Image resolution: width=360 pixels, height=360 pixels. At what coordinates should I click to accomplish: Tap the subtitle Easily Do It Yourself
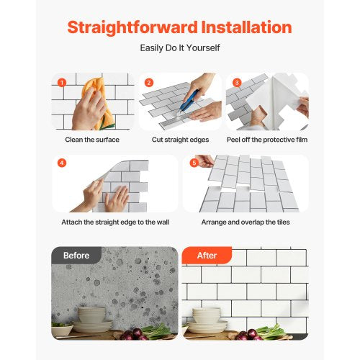[179, 49]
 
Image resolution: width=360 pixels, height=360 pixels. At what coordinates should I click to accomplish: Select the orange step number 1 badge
[61, 82]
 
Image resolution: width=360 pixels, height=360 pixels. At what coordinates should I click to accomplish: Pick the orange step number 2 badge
[149, 82]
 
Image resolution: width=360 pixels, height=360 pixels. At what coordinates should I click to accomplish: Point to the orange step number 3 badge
[236, 82]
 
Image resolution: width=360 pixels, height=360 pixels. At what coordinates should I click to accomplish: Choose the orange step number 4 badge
[62, 163]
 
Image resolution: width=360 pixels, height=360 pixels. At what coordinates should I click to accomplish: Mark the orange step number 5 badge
[193, 163]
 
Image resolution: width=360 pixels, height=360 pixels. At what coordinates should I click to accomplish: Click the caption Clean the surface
[91, 139]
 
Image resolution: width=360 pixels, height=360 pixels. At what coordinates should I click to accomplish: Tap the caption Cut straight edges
[179, 139]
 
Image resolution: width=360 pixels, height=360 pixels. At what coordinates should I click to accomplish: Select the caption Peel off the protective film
[266, 139]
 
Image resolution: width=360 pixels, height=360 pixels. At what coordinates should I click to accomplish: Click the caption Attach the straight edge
[114, 222]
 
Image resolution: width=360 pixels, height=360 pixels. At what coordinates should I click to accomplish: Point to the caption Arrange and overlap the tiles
[245, 222]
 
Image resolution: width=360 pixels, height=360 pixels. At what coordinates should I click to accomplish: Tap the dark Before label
[76, 256]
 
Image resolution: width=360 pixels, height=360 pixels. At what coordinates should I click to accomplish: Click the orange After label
[206, 256]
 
